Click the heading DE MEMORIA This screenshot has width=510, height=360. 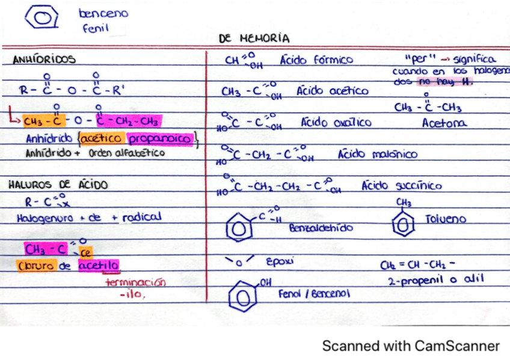click(254, 38)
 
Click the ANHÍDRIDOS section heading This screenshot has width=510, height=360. click(44, 59)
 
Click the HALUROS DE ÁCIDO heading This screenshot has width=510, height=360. click(58, 185)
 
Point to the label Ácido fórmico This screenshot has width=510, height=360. click(316, 60)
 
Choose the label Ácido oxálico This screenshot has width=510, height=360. click(336, 123)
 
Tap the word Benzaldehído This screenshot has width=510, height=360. click(321, 228)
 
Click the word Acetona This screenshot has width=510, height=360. click(444, 123)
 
